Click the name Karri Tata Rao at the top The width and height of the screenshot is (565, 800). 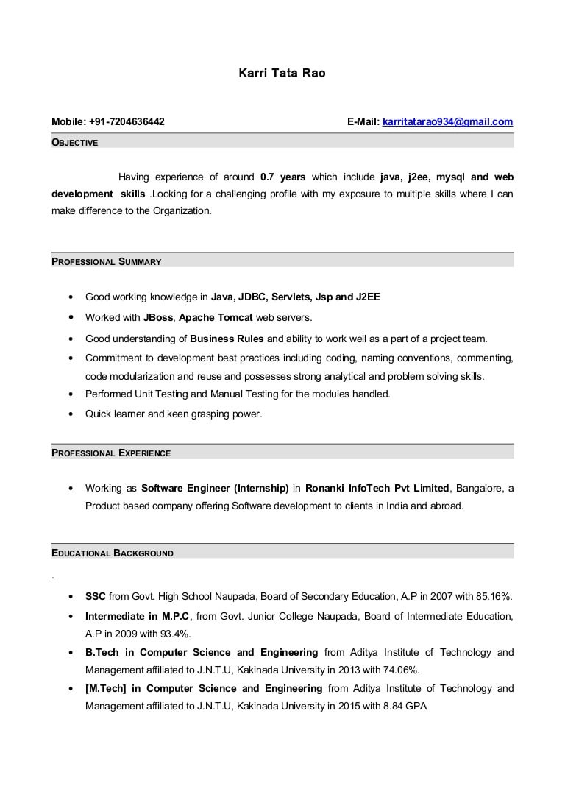pyautogui.click(x=282, y=73)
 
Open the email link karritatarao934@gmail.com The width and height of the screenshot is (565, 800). pyautogui.click(x=447, y=121)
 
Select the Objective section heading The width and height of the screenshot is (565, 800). pyautogui.click(x=74, y=142)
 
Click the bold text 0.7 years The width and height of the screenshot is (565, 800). pyautogui.click(x=282, y=177)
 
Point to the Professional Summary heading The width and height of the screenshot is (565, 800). pyautogui.click(x=106, y=261)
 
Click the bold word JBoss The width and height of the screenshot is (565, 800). pyautogui.click(x=158, y=317)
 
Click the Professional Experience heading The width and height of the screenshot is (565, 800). pyautogui.click(x=110, y=453)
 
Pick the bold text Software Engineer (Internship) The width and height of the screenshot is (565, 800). pyautogui.click(x=214, y=488)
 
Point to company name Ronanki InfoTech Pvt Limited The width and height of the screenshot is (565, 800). pyautogui.click(x=377, y=488)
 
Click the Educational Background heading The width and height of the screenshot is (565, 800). pyautogui.click(x=112, y=553)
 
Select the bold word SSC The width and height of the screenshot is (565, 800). pyautogui.click(x=96, y=596)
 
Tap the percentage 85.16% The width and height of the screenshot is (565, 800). pyautogui.click(x=494, y=596)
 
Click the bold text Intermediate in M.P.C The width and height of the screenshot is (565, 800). pyautogui.click(x=137, y=616)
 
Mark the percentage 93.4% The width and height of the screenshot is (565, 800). pyautogui.click(x=177, y=634)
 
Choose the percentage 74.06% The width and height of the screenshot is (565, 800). pyautogui.click(x=402, y=670)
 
